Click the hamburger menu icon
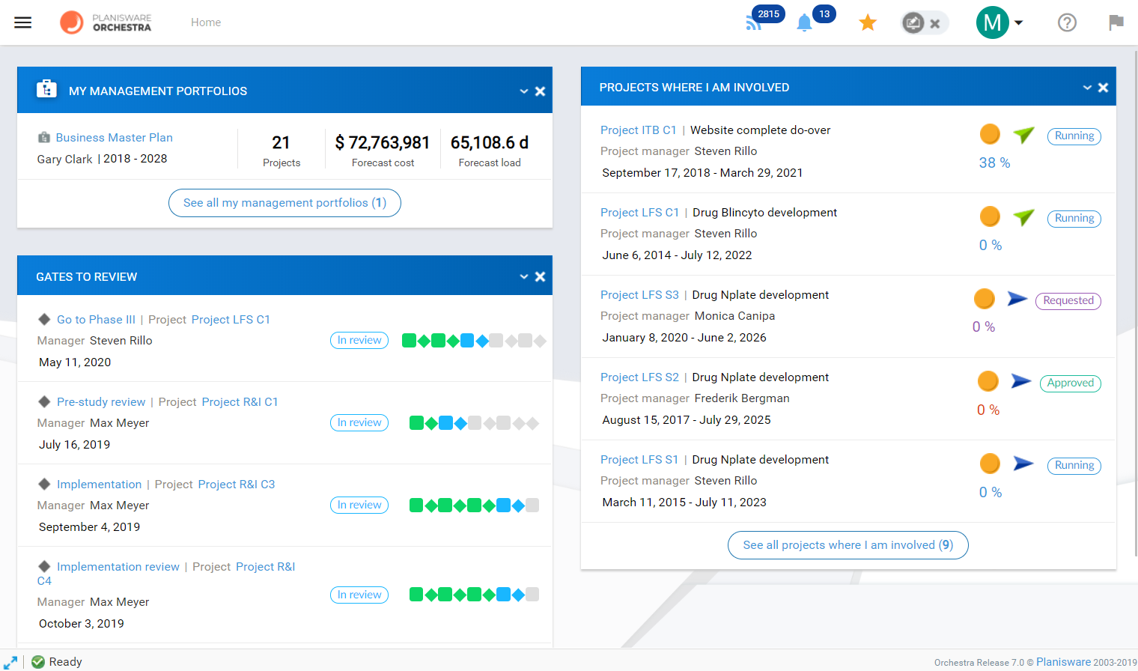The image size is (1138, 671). click(x=23, y=22)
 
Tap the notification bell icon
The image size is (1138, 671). click(x=804, y=23)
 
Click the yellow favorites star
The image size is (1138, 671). click(x=868, y=22)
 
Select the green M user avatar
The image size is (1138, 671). click(x=992, y=22)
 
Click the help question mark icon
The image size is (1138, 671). click(x=1067, y=22)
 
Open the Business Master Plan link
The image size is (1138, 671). click(x=114, y=138)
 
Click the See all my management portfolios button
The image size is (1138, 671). click(x=284, y=203)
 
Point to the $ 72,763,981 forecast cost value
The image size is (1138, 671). click(x=383, y=142)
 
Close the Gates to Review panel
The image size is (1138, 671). click(x=540, y=276)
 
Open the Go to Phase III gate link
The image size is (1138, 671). click(x=96, y=320)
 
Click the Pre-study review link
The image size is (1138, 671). click(x=101, y=402)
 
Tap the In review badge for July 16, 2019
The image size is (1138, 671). click(x=359, y=422)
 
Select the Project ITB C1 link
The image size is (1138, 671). click(x=638, y=130)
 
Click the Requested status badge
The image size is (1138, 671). click(x=1068, y=300)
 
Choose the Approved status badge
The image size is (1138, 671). click(x=1070, y=383)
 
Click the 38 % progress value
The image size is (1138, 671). click(x=994, y=163)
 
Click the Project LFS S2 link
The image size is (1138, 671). click(x=639, y=377)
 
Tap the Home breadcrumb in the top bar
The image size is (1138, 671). click(x=206, y=22)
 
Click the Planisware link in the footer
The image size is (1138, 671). click(x=1063, y=662)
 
